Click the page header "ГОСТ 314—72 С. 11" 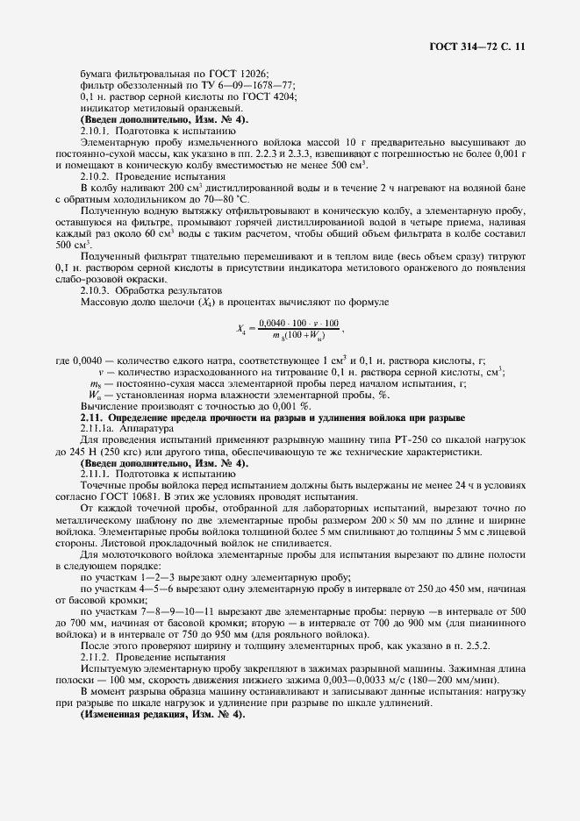click(x=477, y=45)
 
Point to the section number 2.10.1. click(x=97, y=130)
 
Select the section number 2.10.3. click(x=97, y=289)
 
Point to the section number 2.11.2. click(x=97, y=656)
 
